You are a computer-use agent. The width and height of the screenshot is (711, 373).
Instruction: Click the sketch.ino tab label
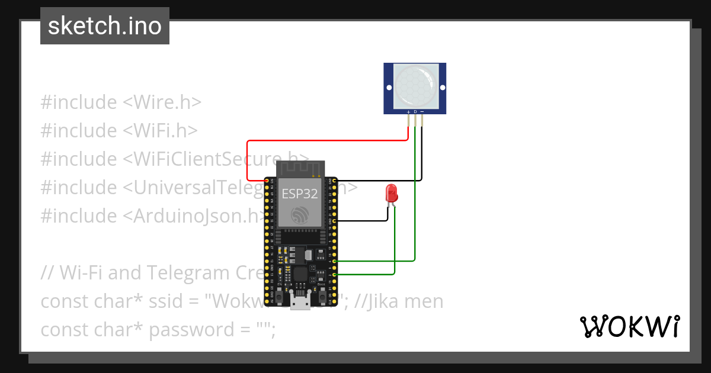click(x=105, y=26)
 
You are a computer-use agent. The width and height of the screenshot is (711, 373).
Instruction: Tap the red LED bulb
click(x=391, y=192)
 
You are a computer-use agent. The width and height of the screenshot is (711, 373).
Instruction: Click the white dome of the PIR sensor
click(x=415, y=86)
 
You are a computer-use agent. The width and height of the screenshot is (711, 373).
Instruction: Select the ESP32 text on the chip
click(x=299, y=194)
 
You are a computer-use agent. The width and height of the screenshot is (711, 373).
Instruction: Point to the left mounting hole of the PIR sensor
click(x=389, y=88)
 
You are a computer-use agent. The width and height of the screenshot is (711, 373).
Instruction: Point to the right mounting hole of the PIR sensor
click(x=441, y=88)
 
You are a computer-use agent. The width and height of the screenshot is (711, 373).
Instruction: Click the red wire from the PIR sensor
click(x=326, y=141)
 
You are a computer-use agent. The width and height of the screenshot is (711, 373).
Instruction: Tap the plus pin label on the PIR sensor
click(x=408, y=111)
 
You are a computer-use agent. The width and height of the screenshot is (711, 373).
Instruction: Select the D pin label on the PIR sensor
click(x=415, y=111)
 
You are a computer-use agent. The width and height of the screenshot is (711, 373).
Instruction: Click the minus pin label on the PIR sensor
click(x=422, y=111)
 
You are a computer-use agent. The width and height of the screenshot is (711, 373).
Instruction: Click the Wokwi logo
click(x=629, y=327)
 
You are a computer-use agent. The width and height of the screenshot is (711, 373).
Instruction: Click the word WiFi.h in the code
click(x=165, y=131)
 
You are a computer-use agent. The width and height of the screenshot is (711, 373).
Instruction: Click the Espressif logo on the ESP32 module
click(x=299, y=215)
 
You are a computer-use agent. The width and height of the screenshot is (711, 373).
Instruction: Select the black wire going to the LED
click(x=361, y=220)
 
